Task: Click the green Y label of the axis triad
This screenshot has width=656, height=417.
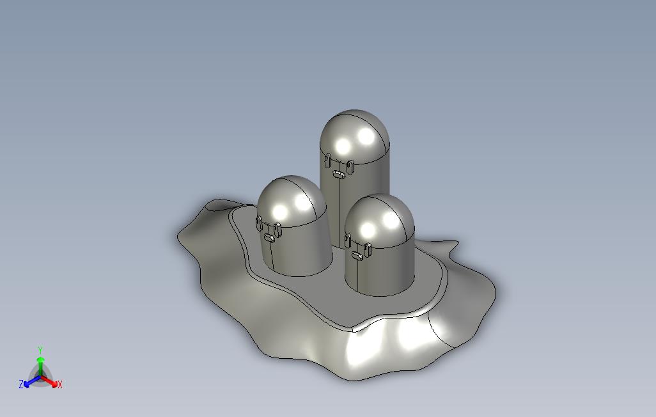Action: (x=40, y=350)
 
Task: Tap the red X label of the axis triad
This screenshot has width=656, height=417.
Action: (x=60, y=384)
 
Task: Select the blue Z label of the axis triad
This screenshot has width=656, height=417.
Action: (x=21, y=384)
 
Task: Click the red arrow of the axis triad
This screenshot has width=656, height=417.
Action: (x=49, y=381)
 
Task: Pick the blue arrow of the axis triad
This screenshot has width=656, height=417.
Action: (x=32, y=381)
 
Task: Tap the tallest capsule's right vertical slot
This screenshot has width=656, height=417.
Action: (x=350, y=167)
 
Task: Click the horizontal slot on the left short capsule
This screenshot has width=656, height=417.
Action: (x=269, y=238)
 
